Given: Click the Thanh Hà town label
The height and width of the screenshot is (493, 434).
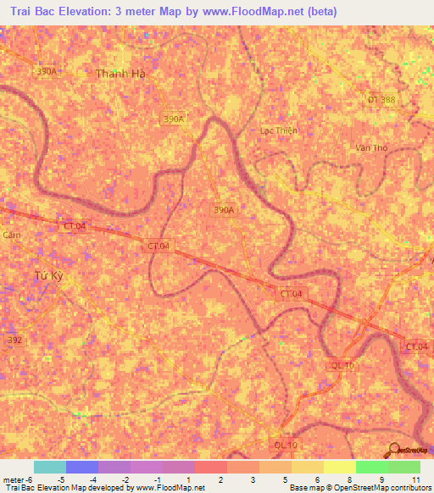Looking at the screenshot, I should click(x=122, y=74).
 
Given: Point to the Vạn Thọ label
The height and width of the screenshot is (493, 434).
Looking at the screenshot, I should click(x=371, y=147).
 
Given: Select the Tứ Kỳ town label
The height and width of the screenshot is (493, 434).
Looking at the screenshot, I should click(x=49, y=277).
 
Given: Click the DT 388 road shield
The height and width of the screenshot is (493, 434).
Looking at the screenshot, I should click(x=381, y=100).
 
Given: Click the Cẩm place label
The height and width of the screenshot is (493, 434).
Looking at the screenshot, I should click(x=11, y=235).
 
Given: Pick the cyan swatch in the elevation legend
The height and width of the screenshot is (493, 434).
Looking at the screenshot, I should click(x=49, y=467).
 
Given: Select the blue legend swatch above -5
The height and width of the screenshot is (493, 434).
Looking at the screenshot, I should click(x=81, y=467).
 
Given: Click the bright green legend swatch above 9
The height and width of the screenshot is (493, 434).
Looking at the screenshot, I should click(x=371, y=467).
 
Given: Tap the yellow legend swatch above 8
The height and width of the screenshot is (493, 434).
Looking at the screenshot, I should click(x=339, y=467).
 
